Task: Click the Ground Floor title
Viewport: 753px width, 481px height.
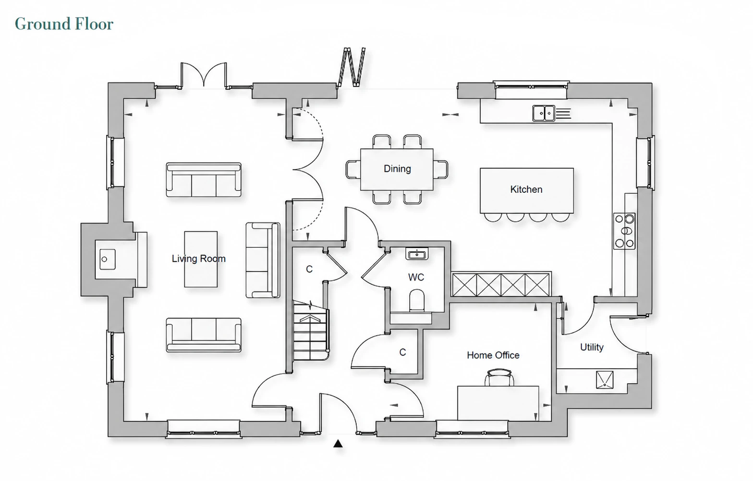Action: pyautogui.click(x=64, y=24)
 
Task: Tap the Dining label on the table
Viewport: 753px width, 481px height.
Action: pyautogui.click(x=397, y=168)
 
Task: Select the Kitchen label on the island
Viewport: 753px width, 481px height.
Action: pyautogui.click(x=526, y=189)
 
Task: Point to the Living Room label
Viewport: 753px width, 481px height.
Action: pyautogui.click(x=199, y=258)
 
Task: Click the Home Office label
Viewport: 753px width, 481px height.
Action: pyautogui.click(x=493, y=355)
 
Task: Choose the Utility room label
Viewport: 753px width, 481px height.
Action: pyautogui.click(x=592, y=347)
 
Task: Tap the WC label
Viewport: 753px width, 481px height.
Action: pyautogui.click(x=416, y=277)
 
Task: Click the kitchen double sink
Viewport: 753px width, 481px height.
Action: pyautogui.click(x=544, y=113)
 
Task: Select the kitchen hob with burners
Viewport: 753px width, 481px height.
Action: pyautogui.click(x=624, y=231)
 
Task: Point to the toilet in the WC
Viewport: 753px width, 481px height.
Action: pyautogui.click(x=417, y=301)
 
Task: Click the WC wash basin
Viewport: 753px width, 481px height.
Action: pyautogui.click(x=417, y=254)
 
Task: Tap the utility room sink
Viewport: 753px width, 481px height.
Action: pyautogui.click(x=605, y=380)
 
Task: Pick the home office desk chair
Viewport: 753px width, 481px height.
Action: pyautogui.click(x=499, y=377)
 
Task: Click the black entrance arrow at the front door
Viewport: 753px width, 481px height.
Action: pyautogui.click(x=338, y=444)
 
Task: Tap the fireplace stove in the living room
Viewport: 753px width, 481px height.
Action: pyautogui.click(x=108, y=259)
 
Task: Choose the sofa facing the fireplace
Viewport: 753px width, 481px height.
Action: pyautogui.click(x=263, y=260)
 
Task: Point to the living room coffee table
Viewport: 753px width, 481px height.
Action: pyautogui.click(x=201, y=259)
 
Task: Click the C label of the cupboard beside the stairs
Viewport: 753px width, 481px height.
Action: pyautogui.click(x=309, y=269)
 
